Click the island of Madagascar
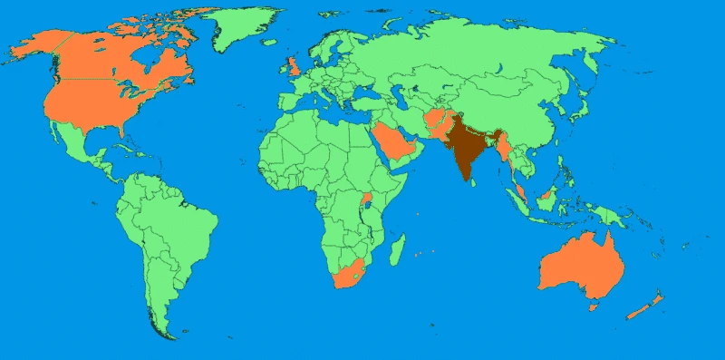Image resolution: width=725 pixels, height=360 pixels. (x=397, y=247)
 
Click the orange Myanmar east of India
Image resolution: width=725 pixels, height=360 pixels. (x=503, y=145)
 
